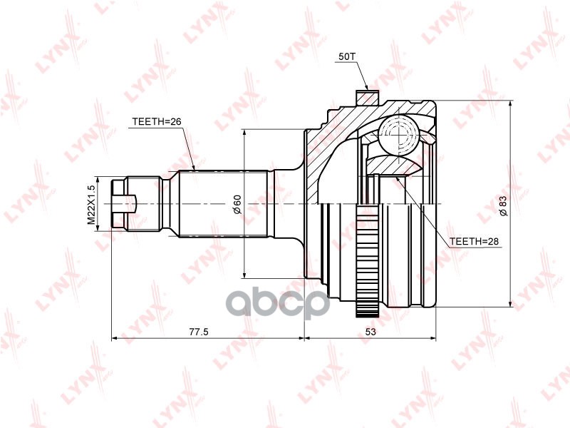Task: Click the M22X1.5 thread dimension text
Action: tap(91, 205)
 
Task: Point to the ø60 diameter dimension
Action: tap(237, 205)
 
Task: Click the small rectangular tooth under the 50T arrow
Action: tap(366, 95)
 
